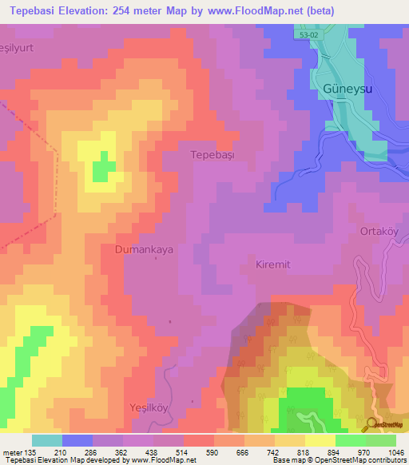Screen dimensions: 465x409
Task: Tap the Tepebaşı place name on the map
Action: tap(212, 154)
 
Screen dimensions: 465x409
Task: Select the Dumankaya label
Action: tap(143, 249)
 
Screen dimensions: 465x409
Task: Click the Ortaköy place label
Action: tap(383, 232)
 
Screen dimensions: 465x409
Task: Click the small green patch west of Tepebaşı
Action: tap(102, 169)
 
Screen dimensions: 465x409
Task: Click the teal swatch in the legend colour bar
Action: tap(47, 440)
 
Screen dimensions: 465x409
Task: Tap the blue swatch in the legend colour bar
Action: tap(77, 440)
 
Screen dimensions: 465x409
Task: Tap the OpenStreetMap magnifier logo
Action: tap(372, 425)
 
